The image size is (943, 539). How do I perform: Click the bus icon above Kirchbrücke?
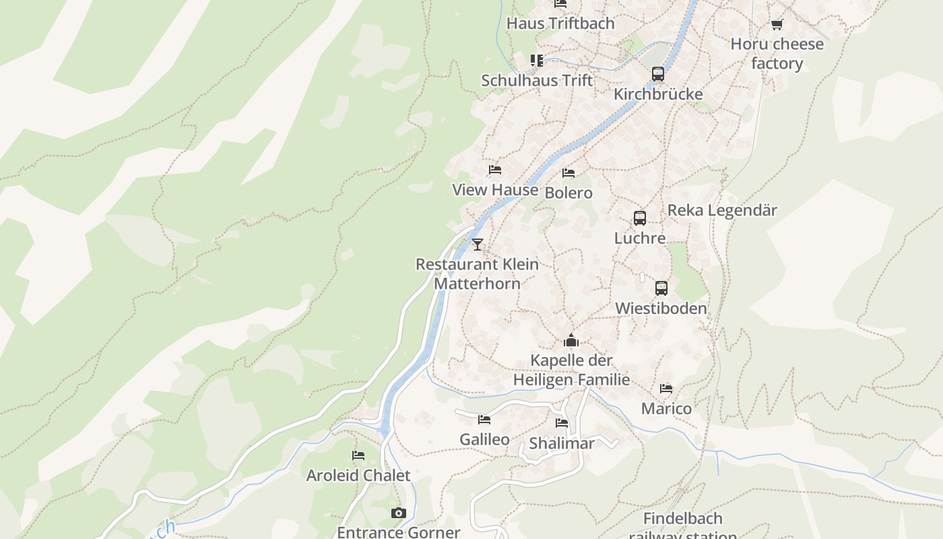(658, 74)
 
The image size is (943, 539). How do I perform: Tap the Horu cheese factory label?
(777, 54)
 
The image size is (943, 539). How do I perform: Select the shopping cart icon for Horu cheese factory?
(777, 25)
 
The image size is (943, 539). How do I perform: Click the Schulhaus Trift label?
(537, 81)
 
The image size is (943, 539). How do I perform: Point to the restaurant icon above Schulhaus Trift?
(537, 61)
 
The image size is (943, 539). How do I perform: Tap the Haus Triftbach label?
(560, 24)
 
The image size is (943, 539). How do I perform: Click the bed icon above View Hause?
(495, 170)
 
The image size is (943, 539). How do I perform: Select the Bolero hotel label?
(568, 193)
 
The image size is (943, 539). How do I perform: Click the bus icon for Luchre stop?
(640, 218)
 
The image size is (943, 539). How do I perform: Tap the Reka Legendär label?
(722, 211)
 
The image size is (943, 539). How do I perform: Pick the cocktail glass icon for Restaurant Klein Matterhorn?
(478, 244)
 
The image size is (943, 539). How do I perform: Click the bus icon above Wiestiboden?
(661, 288)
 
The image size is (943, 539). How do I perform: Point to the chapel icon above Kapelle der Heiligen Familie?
(571, 340)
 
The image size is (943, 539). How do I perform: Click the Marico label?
(666, 409)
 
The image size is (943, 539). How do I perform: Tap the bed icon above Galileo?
(484, 420)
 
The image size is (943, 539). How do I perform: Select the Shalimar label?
(562, 444)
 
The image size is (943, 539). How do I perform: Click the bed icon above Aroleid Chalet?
(358, 456)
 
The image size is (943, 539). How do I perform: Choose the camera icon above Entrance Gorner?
(399, 513)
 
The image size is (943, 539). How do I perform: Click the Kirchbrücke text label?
(658, 94)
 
